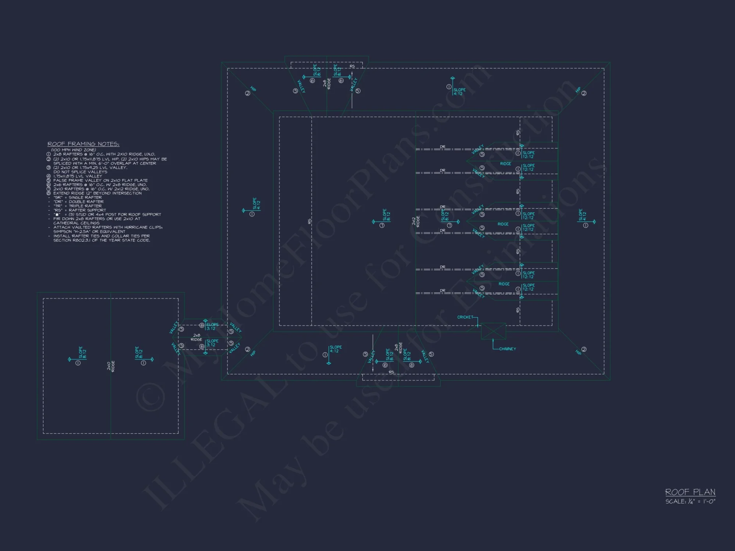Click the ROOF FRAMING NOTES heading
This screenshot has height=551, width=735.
pos(83,144)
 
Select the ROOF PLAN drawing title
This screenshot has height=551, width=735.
pos(690,492)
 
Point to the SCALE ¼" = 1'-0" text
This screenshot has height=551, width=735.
pos(690,501)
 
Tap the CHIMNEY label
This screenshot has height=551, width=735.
pos(508,349)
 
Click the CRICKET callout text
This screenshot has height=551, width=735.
pos(465,317)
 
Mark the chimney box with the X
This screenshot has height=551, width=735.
pos(493,331)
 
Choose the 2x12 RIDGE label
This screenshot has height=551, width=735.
pos(416,221)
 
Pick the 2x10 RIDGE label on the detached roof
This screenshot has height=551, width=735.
pos(111,366)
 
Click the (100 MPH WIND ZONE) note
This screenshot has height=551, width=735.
pos(73,150)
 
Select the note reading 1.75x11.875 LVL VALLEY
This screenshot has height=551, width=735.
pos(78,176)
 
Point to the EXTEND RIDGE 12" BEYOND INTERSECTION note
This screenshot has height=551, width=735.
pos(97,193)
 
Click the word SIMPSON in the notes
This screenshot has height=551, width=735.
pos(62,232)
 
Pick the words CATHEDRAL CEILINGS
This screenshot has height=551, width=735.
pos(76,223)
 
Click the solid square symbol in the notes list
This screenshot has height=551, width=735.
pos(57,215)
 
